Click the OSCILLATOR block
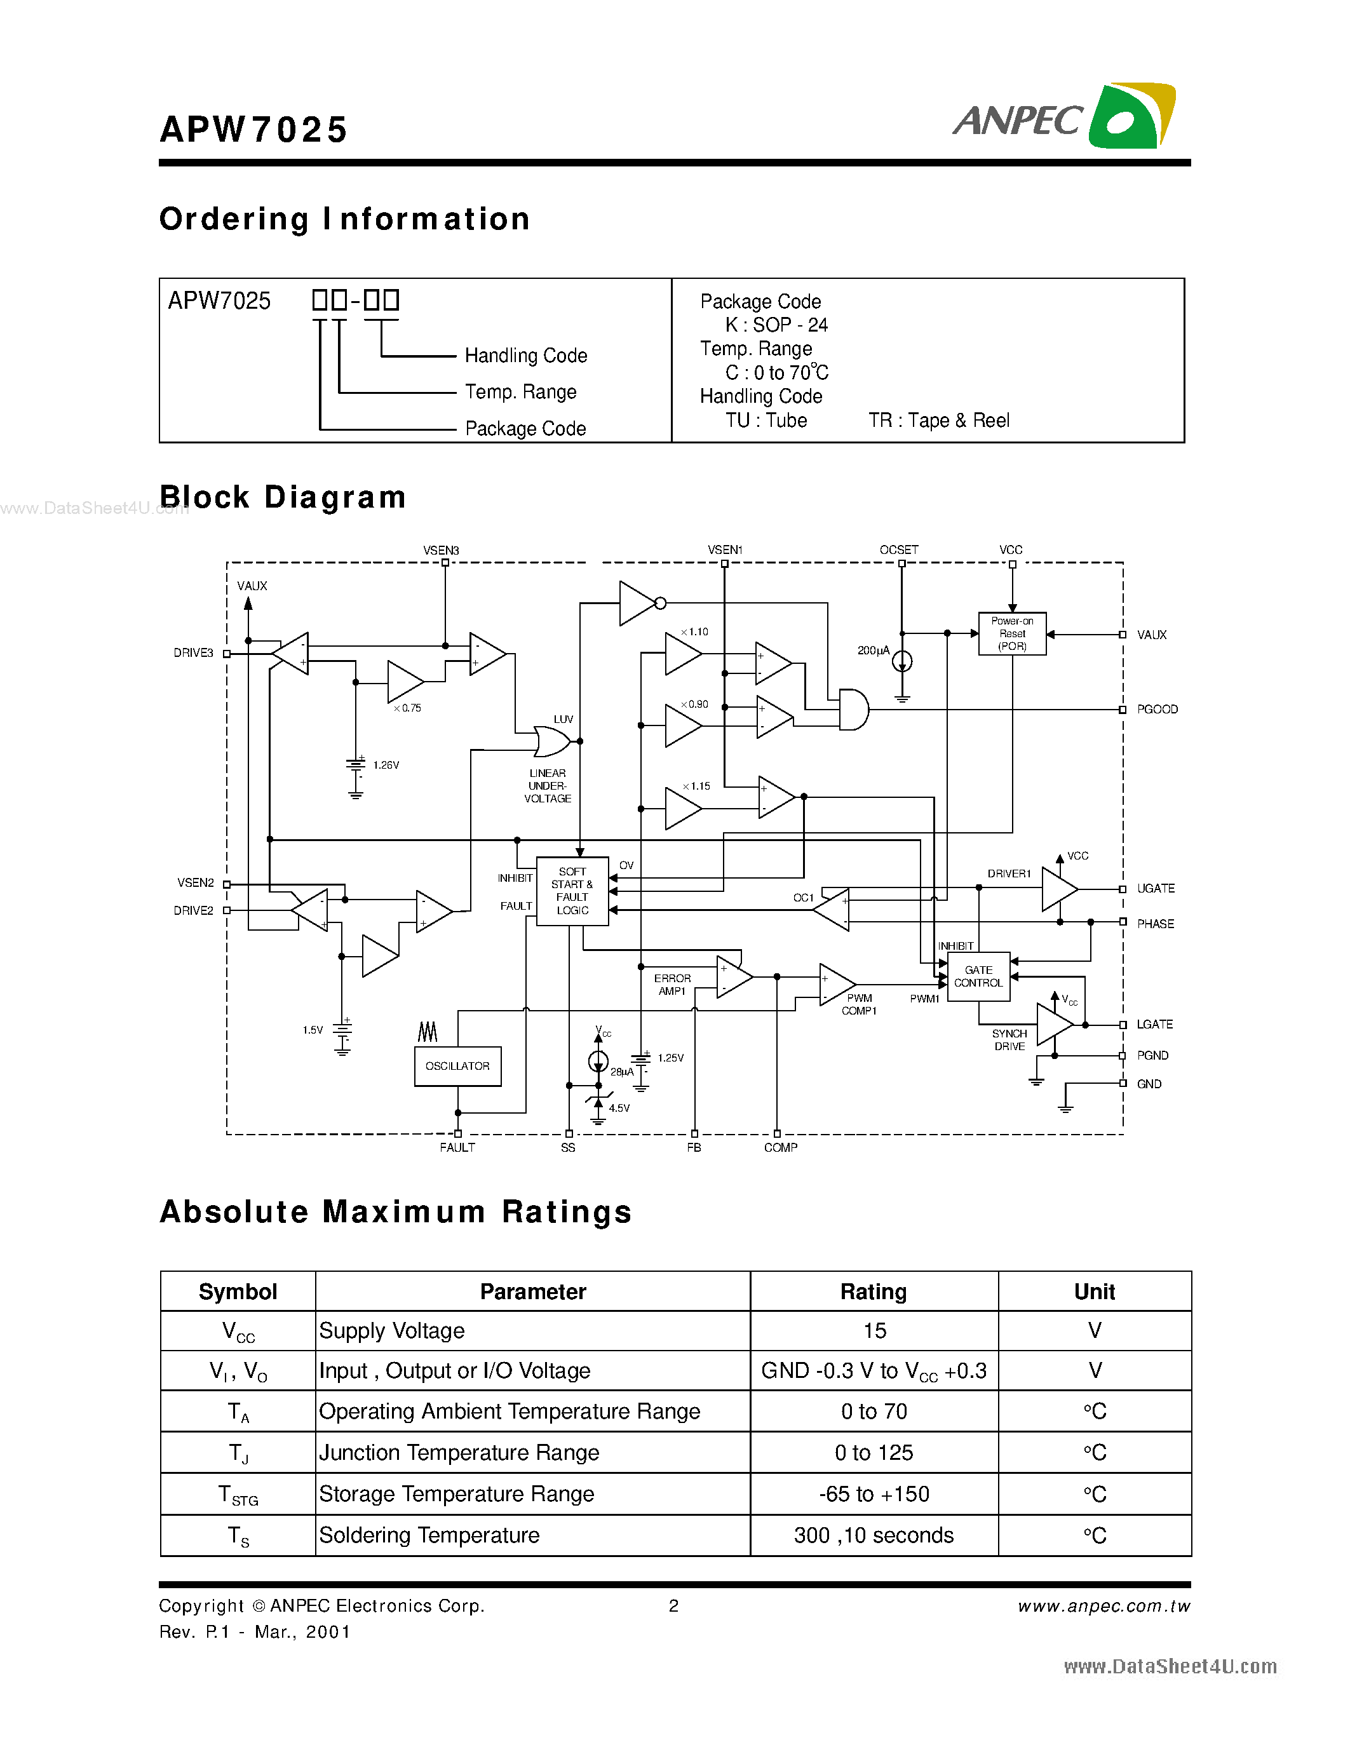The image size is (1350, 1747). click(457, 1066)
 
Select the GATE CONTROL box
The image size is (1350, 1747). click(978, 976)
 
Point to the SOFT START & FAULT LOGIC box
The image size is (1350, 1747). click(572, 891)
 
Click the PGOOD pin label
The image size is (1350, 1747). click(1156, 710)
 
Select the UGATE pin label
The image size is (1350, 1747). click(1156, 889)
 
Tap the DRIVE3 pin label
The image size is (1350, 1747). click(194, 652)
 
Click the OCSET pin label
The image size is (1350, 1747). click(899, 550)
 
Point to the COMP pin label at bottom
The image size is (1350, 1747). click(781, 1148)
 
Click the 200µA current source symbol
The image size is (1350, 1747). click(902, 661)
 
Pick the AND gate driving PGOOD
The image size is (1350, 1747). click(853, 710)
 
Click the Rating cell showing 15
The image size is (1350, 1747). click(874, 1331)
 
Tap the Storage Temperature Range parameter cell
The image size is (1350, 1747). click(457, 1494)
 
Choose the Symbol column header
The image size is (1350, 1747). click(238, 1292)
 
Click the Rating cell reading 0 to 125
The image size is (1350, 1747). click(874, 1453)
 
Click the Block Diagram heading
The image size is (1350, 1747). click(283, 497)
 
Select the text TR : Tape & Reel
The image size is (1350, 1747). click(939, 421)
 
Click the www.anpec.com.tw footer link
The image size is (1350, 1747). click(1104, 1606)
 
